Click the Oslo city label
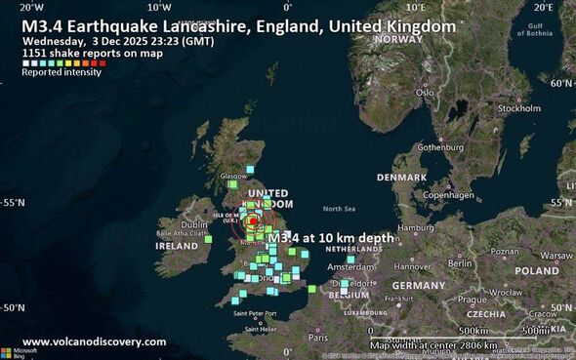click(x=424, y=93)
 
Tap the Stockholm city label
click(x=518, y=108)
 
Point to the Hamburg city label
click(x=415, y=228)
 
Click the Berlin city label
click(x=460, y=263)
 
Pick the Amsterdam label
click(x=351, y=266)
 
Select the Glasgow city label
click(x=234, y=177)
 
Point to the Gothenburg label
click(x=438, y=147)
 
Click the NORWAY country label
click(x=397, y=39)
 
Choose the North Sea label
click(x=339, y=209)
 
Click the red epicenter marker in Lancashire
click(x=253, y=220)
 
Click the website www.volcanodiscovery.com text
click(x=94, y=341)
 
